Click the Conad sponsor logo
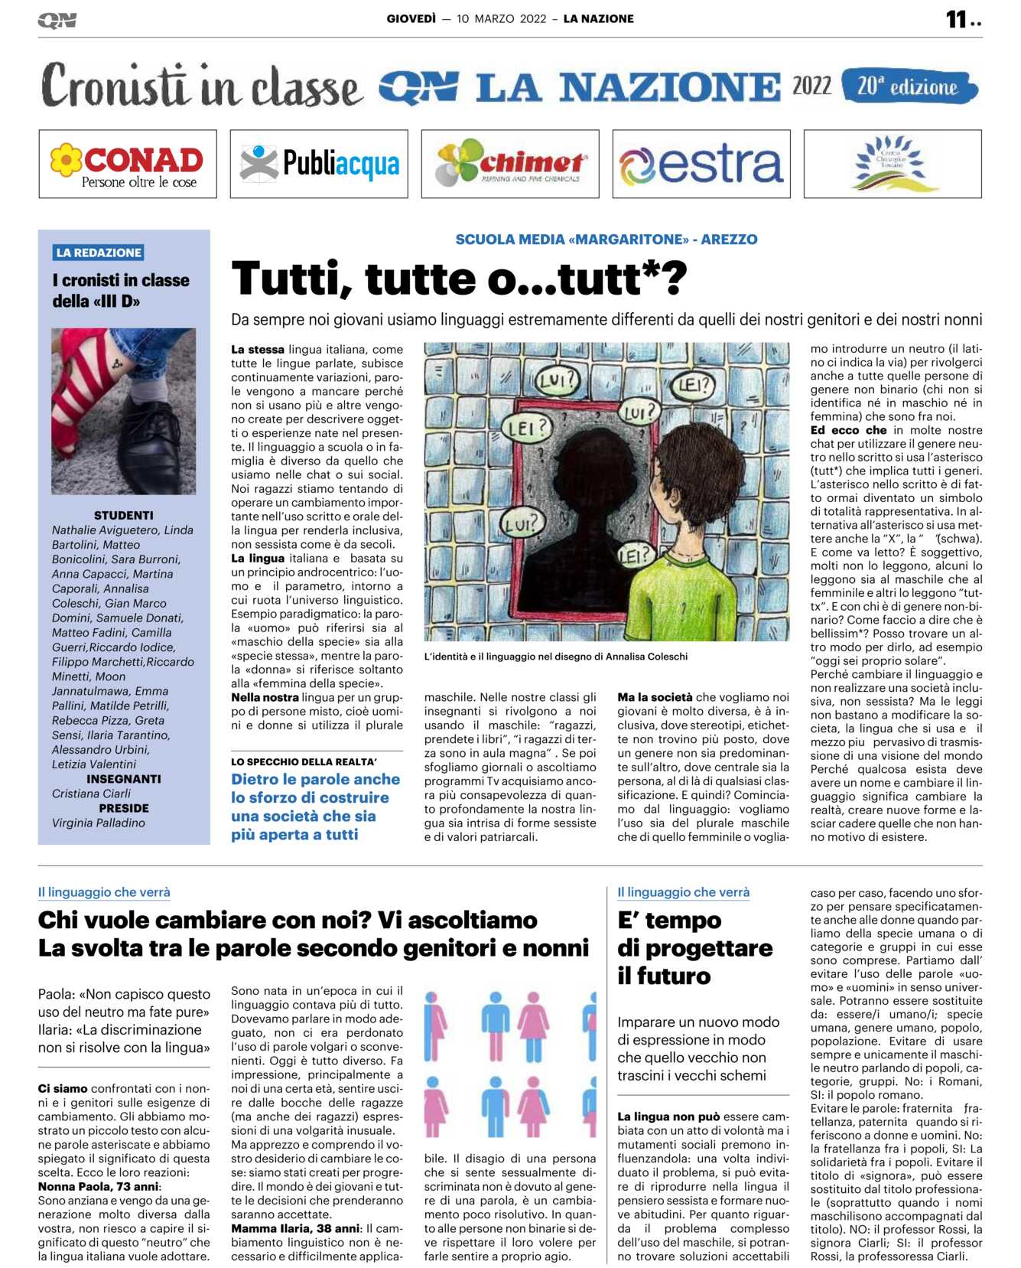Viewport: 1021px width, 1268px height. (x=128, y=164)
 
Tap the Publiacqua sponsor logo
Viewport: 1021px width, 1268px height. (x=319, y=164)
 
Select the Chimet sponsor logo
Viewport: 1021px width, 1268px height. (x=510, y=164)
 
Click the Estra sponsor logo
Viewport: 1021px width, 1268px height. (x=701, y=164)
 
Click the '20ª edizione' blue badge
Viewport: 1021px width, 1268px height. (x=909, y=86)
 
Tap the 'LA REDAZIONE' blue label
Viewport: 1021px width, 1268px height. (x=99, y=253)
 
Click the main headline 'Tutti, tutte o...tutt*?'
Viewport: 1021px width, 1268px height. (x=459, y=279)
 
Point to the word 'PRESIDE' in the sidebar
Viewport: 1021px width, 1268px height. (x=123, y=808)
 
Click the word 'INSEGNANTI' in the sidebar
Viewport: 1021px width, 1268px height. (x=123, y=779)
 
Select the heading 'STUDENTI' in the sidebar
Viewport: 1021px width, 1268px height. (x=123, y=516)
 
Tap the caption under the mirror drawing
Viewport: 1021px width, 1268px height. (x=555, y=657)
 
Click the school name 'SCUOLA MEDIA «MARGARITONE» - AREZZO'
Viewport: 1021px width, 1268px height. (x=606, y=240)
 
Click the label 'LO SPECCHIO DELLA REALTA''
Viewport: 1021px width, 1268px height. (x=304, y=762)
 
